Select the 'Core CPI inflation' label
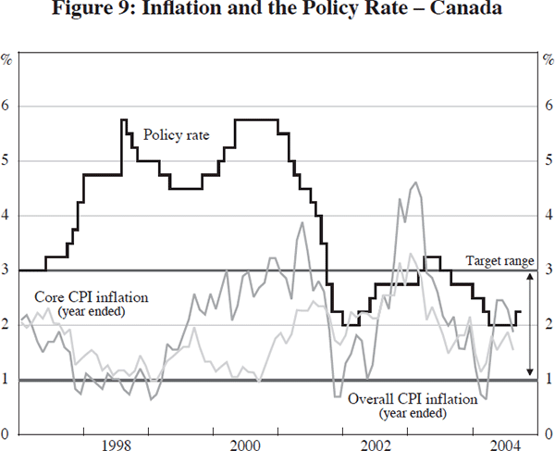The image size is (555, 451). [83, 298]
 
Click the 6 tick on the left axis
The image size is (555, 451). [8, 106]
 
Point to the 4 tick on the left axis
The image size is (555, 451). [8, 216]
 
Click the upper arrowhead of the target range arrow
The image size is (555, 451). [529, 275]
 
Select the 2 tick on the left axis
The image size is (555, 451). [8, 325]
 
